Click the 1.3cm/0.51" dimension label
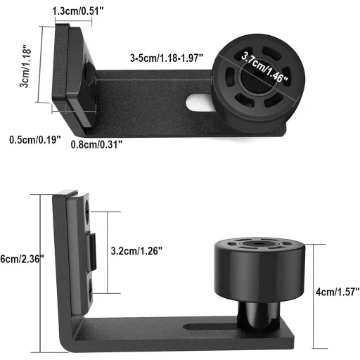coord(78,11)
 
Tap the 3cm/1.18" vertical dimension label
coord(25,67)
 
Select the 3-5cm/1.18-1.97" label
coord(167,58)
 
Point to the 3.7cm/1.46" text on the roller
coord(264,67)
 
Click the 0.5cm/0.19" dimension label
coord(35,140)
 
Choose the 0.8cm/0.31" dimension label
coord(96,144)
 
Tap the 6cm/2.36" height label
coord(22,259)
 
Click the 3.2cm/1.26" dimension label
coord(136,251)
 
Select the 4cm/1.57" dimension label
coord(337,292)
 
